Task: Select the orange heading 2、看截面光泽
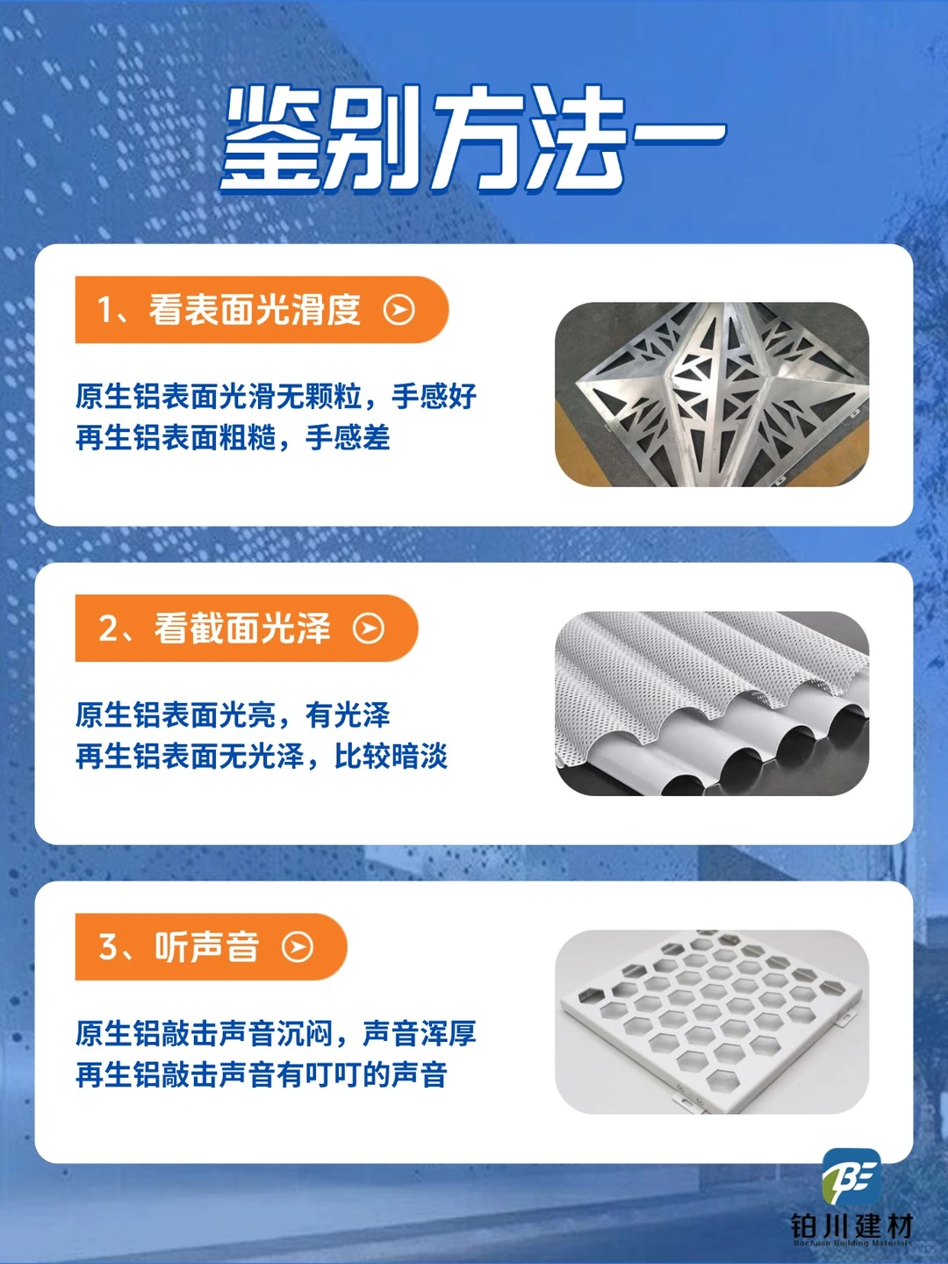(x=215, y=628)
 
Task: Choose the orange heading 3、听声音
(x=180, y=947)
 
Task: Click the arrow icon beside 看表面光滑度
(x=399, y=310)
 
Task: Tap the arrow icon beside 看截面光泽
(x=369, y=628)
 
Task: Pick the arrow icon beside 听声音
(x=298, y=947)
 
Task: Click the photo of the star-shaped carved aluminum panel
(x=712, y=394)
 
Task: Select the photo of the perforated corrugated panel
(x=712, y=703)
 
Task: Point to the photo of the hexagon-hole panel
(x=712, y=1022)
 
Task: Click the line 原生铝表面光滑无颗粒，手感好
(x=276, y=397)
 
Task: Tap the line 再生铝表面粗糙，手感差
(x=233, y=437)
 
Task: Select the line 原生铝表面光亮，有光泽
(x=233, y=715)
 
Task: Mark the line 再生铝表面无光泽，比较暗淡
(x=262, y=756)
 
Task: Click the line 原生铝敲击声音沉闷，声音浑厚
(x=276, y=1034)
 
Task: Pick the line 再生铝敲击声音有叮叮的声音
(x=262, y=1074)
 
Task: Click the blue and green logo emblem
(x=851, y=1176)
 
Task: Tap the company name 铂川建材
(x=851, y=1225)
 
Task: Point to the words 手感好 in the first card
(x=434, y=397)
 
